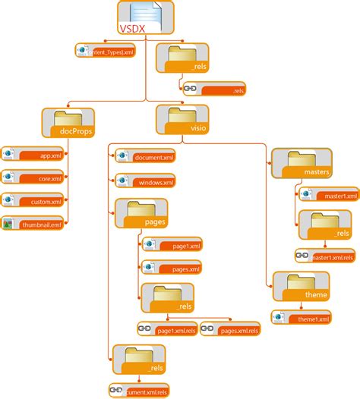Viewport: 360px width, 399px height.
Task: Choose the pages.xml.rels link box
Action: [x=230, y=330]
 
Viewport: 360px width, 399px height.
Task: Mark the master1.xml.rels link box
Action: [x=324, y=256]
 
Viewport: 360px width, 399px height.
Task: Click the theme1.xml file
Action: [x=302, y=317]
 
